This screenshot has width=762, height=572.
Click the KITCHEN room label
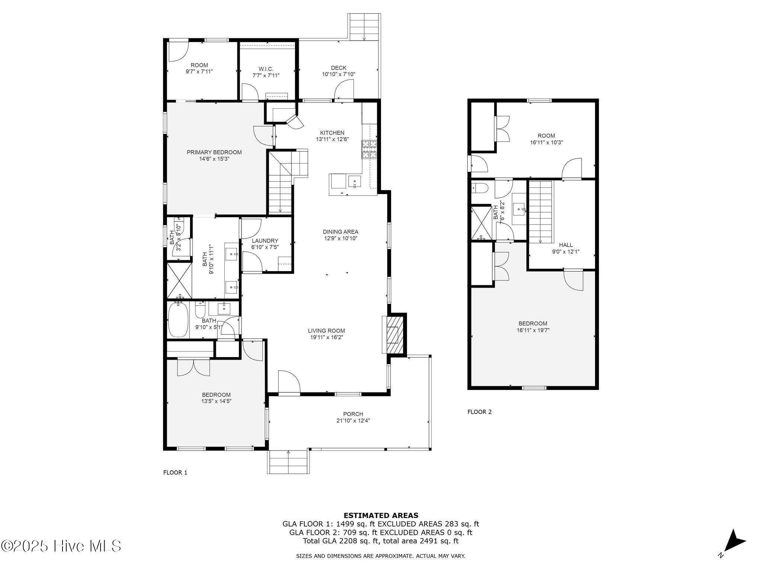click(x=332, y=133)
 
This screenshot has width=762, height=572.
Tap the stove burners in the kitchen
click(x=369, y=150)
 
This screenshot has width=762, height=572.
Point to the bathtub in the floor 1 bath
click(x=178, y=320)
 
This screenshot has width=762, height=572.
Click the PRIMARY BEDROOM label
click(x=214, y=152)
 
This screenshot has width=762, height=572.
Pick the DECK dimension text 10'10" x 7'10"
click(x=339, y=74)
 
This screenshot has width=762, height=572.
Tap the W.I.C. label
click(x=266, y=69)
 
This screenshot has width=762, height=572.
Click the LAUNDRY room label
click(x=265, y=241)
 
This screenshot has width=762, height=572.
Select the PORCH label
click(x=353, y=414)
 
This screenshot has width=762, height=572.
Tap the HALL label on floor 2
click(x=566, y=245)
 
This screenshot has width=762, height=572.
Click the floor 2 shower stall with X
click(x=481, y=223)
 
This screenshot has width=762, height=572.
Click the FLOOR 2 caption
click(x=479, y=412)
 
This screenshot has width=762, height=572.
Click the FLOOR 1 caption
click(x=175, y=473)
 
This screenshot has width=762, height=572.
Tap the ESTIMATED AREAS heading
click(x=381, y=516)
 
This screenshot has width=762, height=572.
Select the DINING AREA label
click(x=340, y=232)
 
